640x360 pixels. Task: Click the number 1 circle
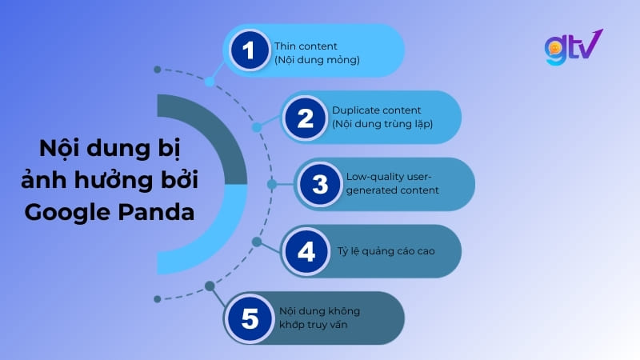(x=250, y=51)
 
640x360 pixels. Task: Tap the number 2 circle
(x=304, y=118)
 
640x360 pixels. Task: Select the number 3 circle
(x=320, y=185)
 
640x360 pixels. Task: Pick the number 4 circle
(x=305, y=252)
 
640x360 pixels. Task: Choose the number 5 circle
(x=250, y=318)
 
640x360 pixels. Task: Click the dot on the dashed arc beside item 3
(x=272, y=184)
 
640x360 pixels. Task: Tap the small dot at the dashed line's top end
(x=158, y=70)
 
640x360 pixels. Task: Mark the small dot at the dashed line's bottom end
(x=158, y=299)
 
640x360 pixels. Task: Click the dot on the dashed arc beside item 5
(x=210, y=286)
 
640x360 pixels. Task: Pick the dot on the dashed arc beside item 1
(x=210, y=82)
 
